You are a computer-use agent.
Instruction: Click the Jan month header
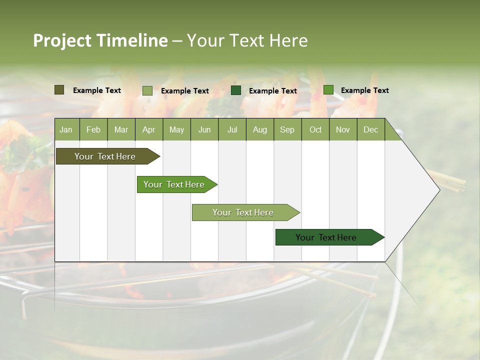tap(66, 130)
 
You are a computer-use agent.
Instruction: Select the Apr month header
tap(148, 130)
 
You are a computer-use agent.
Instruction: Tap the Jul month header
tap(232, 130)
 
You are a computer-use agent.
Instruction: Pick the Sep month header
tap(287, 130)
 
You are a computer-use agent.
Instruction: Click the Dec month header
tap(370, 130)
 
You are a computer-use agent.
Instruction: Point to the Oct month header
tap(315, 130)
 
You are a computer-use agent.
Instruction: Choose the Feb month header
tap(93, 130)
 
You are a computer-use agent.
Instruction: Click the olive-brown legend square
tap(59, 90)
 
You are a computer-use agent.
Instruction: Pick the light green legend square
tap(147, 90)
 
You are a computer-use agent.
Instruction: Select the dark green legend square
tap(236, 90)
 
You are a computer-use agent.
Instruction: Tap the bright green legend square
tap(328, 90)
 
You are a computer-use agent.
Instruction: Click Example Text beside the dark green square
tap(272, 91)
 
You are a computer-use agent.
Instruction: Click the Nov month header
tap(343, 130)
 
